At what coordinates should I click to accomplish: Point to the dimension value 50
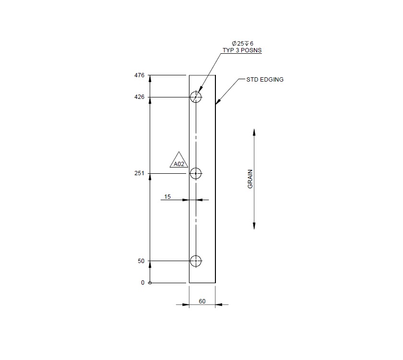(x=141, y=261)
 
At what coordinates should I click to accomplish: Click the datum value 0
(x=142, y=283)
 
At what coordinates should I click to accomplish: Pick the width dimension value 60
(x=202, y=301)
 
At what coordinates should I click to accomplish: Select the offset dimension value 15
(x=167, y=196)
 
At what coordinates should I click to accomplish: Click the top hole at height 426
(x=196, y=97)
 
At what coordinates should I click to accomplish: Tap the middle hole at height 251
(x=196, y=173)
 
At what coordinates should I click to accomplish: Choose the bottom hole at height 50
(x=196, y=261)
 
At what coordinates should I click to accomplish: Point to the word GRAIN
(x=250, y=179)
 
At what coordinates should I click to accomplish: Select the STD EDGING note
(x=265, y=80)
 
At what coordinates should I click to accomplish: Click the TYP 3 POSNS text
(x=242, y=50)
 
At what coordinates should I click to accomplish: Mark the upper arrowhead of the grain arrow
(x=254, y=132)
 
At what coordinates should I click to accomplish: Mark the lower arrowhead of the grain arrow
(x=254, y=226)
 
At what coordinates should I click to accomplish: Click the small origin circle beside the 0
(x=150, y=283)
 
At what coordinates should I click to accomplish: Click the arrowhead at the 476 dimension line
(x=150, y=78)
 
